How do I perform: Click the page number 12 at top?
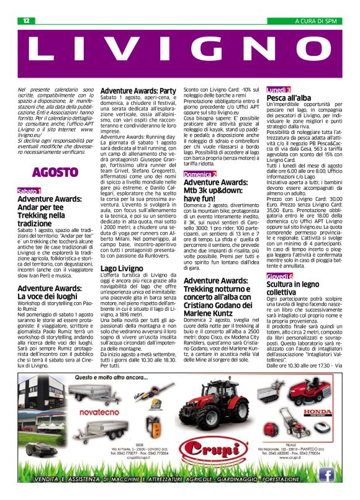(x=27, y=20)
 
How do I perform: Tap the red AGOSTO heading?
(x=55, y=171)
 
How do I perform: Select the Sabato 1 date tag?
(x=29, y=191)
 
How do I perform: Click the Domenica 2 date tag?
(x=200, y=175)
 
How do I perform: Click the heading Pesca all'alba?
(x=289, y=99)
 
